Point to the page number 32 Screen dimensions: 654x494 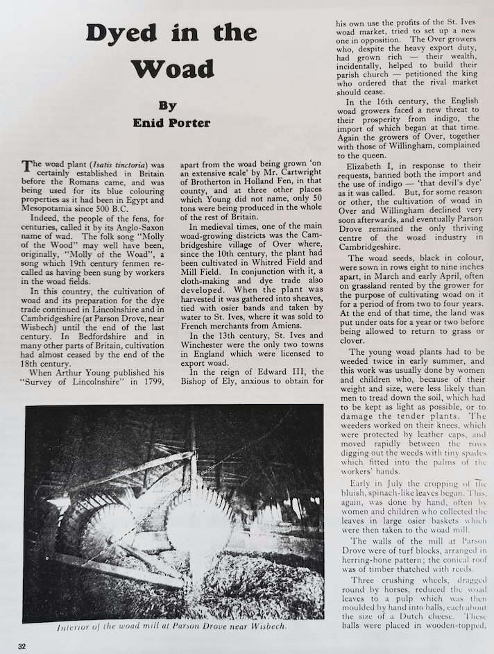tap(22, 646)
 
